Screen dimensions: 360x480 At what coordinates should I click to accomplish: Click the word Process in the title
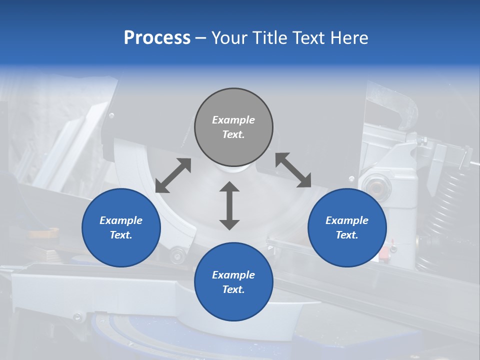pyautogui.click(x=157, y=38)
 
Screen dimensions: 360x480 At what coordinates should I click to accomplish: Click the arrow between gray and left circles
pyautogui.click(x=173, y=175)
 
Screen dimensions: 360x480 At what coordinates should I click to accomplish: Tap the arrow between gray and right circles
pyautogui.click(x=293, y=170)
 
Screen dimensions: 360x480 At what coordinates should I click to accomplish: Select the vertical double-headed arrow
pyautogui.click(x=229, y=205)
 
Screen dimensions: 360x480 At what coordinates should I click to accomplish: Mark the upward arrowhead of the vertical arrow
pyautogui.click(x=229, y=187)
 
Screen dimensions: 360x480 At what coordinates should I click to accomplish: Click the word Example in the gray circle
pyautogui.click(x=233, y=120)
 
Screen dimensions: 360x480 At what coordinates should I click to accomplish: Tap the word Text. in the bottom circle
pyautogui.click(x=233, y=289)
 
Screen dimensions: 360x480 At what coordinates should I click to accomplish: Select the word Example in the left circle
pyautogui.click(x=121, y=220)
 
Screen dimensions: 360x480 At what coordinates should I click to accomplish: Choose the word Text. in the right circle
pyautogui.click(x=347, y=235)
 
